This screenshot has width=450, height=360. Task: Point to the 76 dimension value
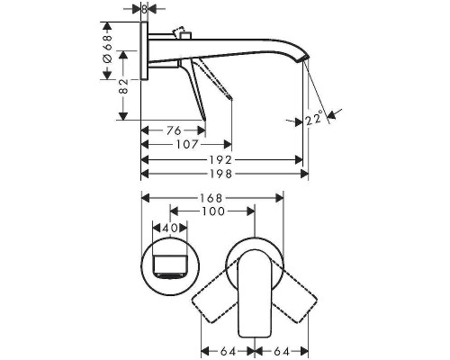pyautogui.click(x=173, y=130)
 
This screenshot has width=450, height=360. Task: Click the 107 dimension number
pyautogui.click(x=186, y=143)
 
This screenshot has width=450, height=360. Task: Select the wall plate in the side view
pyautogui.click(x=145, y=59)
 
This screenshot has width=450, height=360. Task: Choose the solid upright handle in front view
pyautogui.click(x=255, y=296)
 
